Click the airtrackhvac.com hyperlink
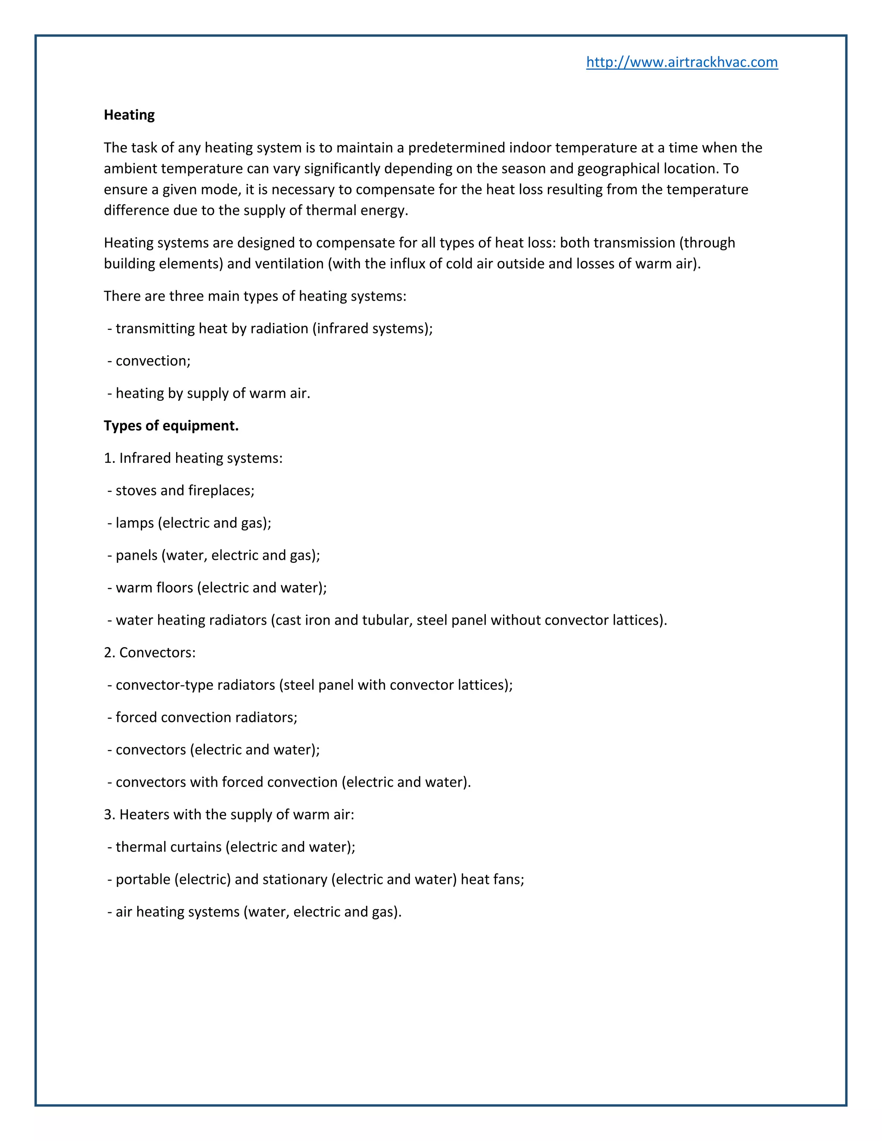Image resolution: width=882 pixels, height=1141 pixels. [681, 62]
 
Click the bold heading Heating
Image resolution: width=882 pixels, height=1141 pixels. [129, 115]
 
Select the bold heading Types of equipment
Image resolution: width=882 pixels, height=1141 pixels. [171, 426]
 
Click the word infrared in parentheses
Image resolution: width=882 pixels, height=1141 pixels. [342, 329]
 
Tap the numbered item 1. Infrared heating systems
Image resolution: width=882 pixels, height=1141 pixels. [193, 458]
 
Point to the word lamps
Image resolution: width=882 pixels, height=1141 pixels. [134, 523]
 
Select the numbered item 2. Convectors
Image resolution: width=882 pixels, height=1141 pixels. [149, 652]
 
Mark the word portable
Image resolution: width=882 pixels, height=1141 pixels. [143, 879]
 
